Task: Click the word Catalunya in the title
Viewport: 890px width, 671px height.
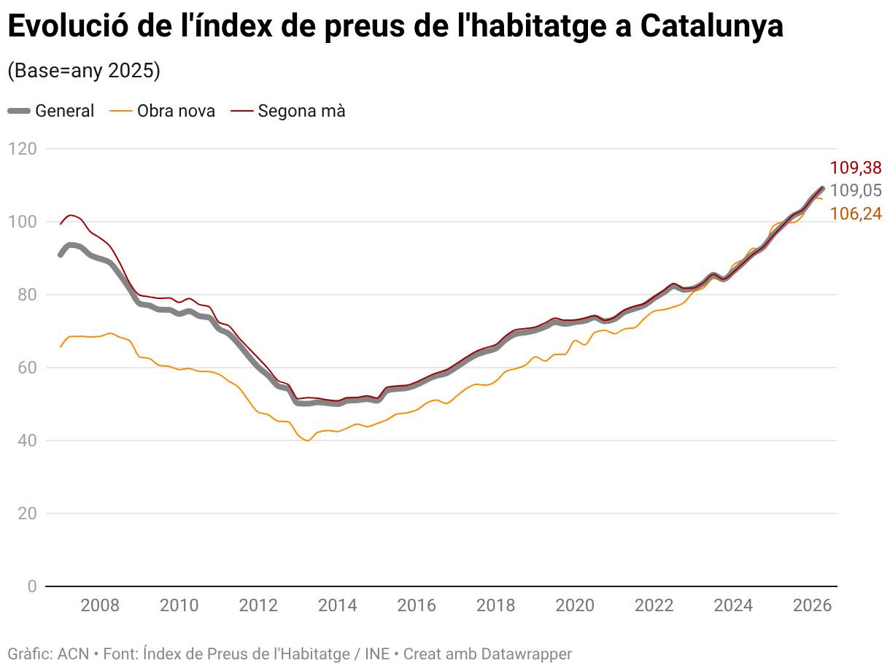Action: pos(711,26)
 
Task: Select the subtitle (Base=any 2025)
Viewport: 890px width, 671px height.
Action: pos(84,71)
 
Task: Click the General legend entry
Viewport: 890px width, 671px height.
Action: pos(50,111)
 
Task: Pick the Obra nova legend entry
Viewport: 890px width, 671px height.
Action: pos(162,111)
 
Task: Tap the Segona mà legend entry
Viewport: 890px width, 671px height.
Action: pos(288,111)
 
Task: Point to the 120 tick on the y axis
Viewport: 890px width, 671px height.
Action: pos(23,149)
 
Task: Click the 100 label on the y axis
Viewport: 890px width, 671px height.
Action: pos(23,222)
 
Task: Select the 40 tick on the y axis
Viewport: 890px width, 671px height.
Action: pos(27,441)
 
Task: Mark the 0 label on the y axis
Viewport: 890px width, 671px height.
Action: pos(32,586)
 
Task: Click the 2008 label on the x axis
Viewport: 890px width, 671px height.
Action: pos(100,606)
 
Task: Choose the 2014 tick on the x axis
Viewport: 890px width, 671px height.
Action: pos(337,606)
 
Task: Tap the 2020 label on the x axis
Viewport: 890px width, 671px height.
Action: pos(575,606)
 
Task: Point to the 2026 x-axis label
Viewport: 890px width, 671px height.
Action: pos(812,606)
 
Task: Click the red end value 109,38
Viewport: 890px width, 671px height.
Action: pos(856,168)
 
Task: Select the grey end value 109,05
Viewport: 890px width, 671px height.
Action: pos(856,190)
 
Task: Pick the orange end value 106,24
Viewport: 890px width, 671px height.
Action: pos(856,214)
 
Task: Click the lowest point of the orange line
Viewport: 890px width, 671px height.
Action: pos(308,441)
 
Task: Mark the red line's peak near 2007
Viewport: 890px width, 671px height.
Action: pos(70,215)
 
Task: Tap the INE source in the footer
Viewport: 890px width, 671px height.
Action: pos(377,654)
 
